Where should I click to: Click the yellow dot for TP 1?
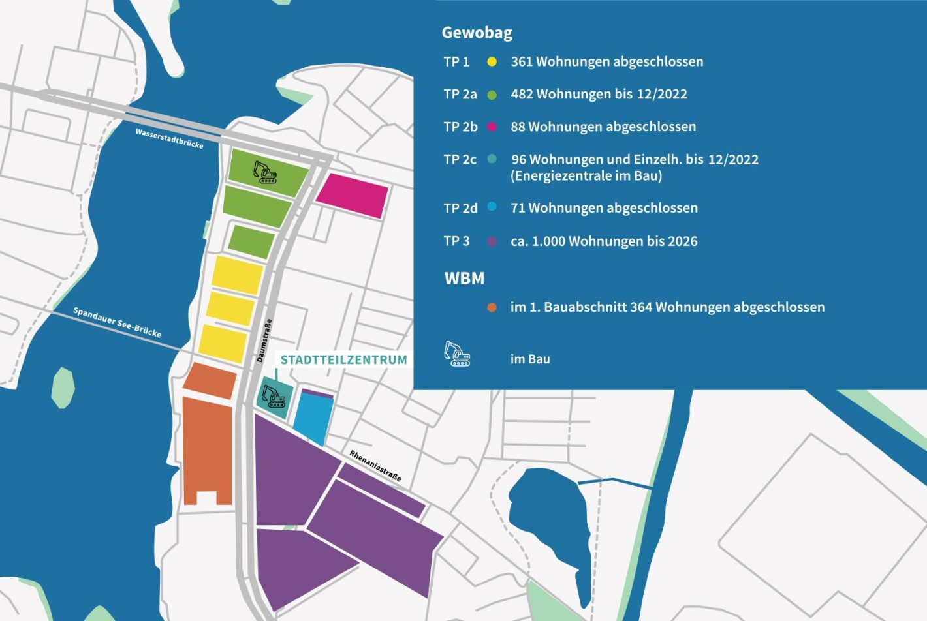coord(492,62)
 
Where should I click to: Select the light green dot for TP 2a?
coord(492,95)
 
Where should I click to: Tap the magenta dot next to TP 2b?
coord(492,127)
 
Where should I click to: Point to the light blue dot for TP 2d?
coord(492,207)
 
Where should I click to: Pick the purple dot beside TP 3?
coord(492,241)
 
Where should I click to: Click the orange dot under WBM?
coord(492,307)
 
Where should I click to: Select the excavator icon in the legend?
coord(457,354)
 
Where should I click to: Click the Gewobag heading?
coord(477,33)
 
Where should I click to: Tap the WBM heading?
coord(464,279)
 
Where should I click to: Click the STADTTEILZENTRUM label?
coord(343,359)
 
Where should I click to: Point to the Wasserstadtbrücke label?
coord(169,138)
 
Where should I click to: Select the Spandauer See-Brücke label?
coord(117,322)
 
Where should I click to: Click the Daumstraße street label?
coord(264,341)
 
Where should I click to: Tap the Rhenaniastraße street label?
coord(375,466)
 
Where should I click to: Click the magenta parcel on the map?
coord(353,195)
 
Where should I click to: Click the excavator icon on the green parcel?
coord(265,172)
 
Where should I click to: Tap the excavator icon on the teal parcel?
coord(274,396)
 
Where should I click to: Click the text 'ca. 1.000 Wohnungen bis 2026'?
coord(603,241)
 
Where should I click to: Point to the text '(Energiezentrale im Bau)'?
coord(586,176)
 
